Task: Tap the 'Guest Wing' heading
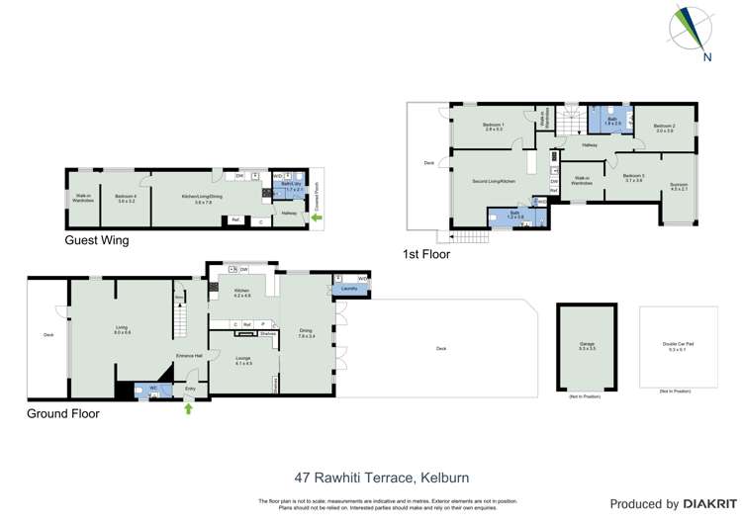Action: coord(96,240)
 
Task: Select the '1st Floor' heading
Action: coord(425,254)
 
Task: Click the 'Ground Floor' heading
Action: coord(63,413)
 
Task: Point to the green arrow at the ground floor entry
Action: coord(188,407)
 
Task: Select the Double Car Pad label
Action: coord(679,345)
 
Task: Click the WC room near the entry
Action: coord(153,389)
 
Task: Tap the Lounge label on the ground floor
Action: coord(243,360)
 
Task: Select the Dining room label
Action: coord(306,332)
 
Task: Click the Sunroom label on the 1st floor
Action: coord(678,186)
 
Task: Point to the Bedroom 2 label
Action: coord(665,128)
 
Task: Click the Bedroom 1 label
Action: coord(494,127)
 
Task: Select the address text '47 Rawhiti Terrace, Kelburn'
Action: coord(371,475)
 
